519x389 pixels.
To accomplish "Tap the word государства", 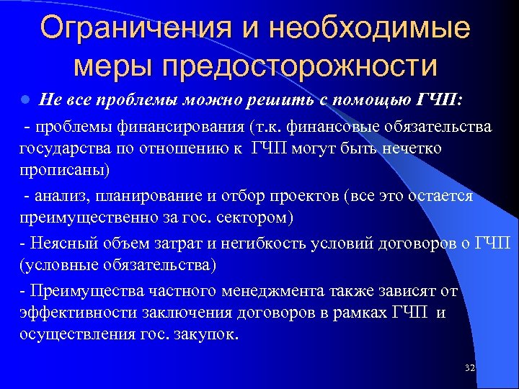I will tap(65, 148).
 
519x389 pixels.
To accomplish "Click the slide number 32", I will tap(470, 368).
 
